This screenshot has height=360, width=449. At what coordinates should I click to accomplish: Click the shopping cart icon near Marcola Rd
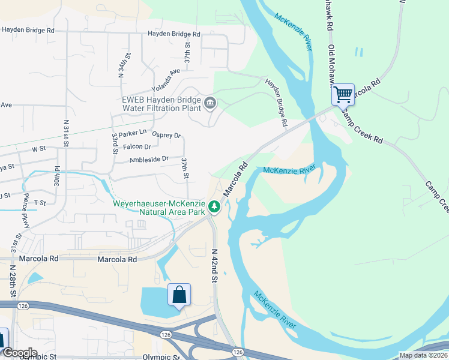[343, 94]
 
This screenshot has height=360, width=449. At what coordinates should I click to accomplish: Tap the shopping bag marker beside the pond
[179, 295]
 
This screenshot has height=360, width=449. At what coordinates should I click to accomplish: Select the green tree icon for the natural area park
[214, 208]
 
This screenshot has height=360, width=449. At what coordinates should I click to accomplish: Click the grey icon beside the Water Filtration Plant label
[210, 103]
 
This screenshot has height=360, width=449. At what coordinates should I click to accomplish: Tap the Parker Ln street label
[133, 132]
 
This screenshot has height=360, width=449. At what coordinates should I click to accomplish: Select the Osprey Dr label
[166, 135]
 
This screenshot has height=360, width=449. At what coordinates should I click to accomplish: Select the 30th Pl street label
[57, 178]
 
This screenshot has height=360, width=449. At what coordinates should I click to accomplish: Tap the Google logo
[19, 353]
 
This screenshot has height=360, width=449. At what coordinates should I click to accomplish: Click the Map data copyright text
[423, 355]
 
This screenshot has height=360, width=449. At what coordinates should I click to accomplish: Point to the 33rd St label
[114, 145]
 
